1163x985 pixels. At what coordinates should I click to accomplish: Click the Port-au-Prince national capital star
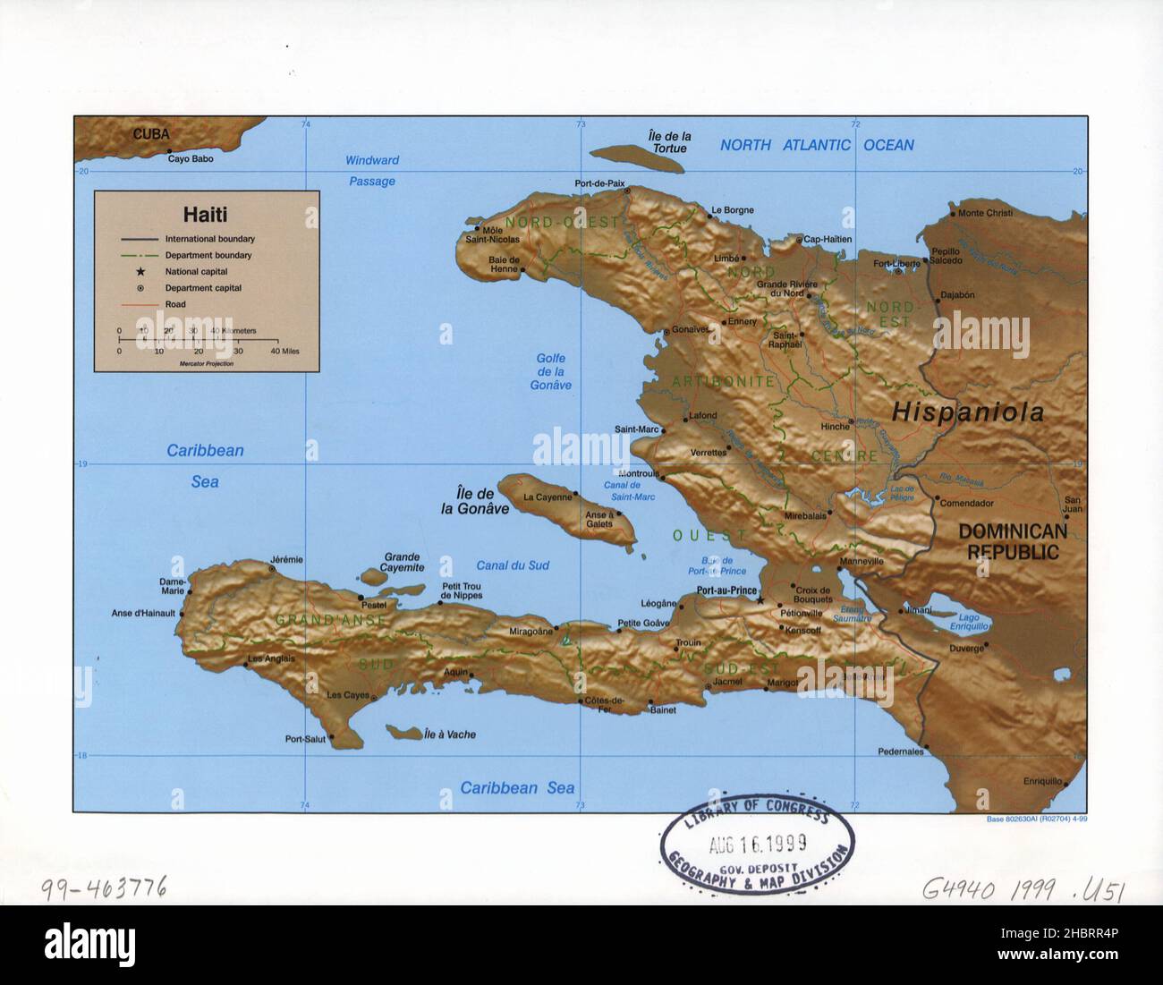pyautogui.click(x=760, y=600)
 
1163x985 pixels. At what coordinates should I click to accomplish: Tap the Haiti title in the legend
pyautogui.click(x=205, y=215)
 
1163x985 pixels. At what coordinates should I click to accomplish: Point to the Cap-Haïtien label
pyautogui.click(x=828, y=239)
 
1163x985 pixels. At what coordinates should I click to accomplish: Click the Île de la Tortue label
pyautogui.click(x=669, y=141)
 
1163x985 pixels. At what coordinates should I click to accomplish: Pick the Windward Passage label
pyautogui.click(x=372, y=171)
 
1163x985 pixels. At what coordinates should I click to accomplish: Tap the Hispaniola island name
pyautogui.click(x=967, y=412)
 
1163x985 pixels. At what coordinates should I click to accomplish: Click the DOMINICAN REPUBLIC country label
pyautogui.click(x=1013, y=541)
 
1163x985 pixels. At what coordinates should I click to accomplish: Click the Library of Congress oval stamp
pyautogui.click(x=756, y=844)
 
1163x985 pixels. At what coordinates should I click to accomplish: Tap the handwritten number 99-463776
pyautogui.click(x=103, y=888)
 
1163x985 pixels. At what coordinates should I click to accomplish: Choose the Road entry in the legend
pyautogui.click(x=174, y=304)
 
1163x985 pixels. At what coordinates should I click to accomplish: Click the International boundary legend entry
pyautogui.click(x=209, y=239)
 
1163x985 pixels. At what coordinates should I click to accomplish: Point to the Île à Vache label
pyautogui.click(x=450, y=735)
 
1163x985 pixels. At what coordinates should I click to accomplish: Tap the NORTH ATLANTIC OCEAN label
pyautogui.click(x=817, y=145)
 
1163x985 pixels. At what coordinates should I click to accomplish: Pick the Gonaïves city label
pyautogui.click(x=690, y=330)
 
